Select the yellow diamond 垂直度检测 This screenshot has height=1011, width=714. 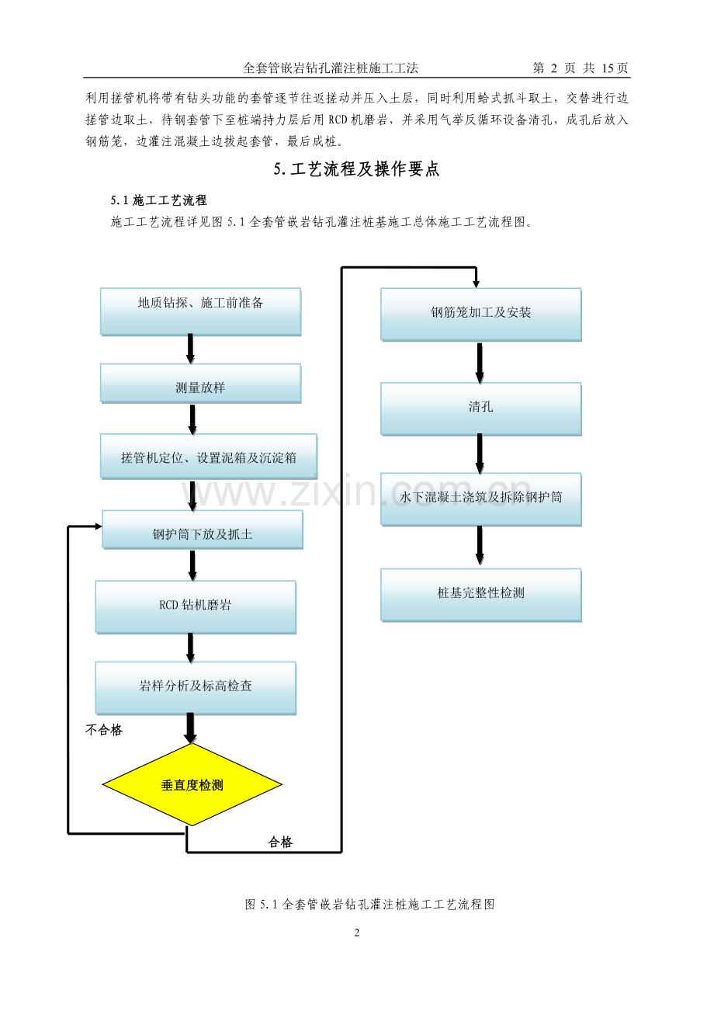tap(192, 785)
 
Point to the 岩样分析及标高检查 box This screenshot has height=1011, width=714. tap(196, 687)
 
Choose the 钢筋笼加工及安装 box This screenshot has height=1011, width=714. tap(480, 314)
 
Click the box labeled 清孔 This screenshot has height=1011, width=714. tap(480, 408)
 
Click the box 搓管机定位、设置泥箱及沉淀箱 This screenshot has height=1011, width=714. tap(209, 457)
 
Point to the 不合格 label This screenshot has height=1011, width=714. tap(104, 730)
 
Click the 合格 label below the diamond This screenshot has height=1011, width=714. tap(280, 842)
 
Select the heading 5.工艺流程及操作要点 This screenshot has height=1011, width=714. tap(357, 170)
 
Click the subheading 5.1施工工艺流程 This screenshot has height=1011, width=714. tap(158, 201)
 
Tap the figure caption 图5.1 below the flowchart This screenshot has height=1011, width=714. tap(369, 904)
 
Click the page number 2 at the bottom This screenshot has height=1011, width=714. tap(357, 933)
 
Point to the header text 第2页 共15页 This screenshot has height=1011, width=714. tap(581, 68)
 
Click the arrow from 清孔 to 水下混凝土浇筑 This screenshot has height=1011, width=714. tap(480, 453)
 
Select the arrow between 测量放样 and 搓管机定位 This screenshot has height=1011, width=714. tap(192, 419)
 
